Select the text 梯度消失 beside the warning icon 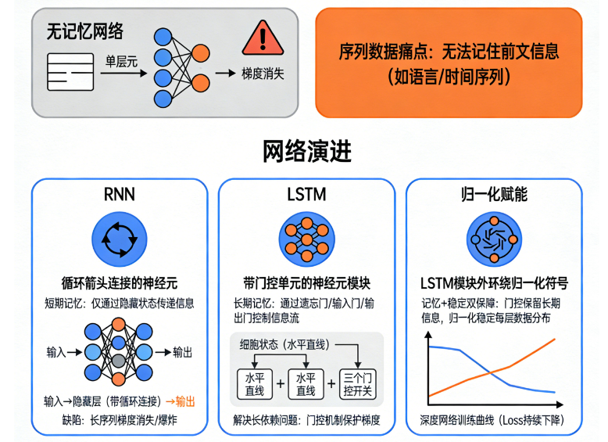click(263, 73)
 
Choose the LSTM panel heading click(306, 194)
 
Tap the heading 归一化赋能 click(494, 194)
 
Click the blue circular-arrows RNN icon click(119, 238)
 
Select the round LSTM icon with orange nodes click(306, 238)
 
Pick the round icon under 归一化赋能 click(494, 238)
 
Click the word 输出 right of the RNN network click(178, 352)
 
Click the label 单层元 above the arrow click(122, 59)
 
